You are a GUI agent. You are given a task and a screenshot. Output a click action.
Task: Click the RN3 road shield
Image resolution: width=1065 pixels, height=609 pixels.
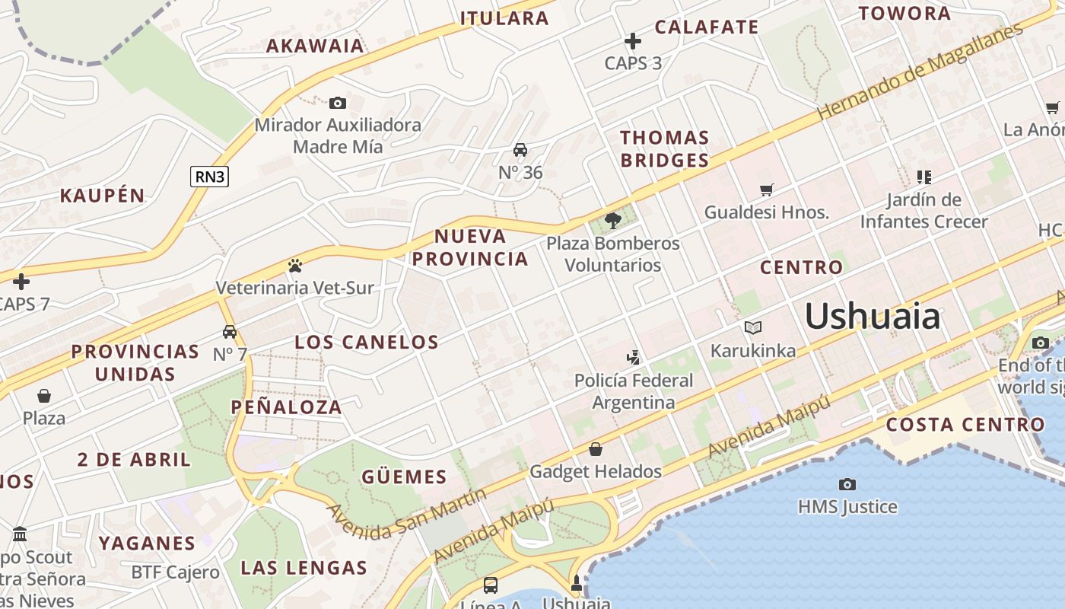click(x=209, y=177)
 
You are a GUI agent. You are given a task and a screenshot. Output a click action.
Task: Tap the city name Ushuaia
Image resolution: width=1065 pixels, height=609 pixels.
click(x=873, y=315)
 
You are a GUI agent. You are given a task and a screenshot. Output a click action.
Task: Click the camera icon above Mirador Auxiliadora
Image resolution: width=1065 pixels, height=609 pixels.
click(x=338, y=103)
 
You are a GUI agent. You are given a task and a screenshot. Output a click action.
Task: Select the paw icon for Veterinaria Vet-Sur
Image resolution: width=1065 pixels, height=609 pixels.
click(x=295, y=266)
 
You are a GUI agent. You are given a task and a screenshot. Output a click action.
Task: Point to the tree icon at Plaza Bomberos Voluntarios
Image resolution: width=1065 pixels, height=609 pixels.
click(x=612, y=221)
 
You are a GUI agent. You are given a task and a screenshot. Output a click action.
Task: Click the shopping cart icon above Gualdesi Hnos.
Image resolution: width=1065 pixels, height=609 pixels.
click(x=766, y=190)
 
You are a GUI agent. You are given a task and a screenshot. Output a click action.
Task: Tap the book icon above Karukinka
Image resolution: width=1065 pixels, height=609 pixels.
click(x=752, y=328)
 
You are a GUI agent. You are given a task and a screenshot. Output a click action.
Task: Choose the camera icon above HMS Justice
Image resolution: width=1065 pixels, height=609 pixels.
click(x=847, y=484)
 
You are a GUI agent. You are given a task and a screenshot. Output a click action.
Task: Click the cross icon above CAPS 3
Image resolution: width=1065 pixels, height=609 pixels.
click(x=633, y=41)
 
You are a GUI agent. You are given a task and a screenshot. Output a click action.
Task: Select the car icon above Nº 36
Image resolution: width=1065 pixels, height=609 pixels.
click(x=520, y=150)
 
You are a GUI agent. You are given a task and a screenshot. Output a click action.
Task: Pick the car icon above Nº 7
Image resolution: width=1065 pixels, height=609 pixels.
click(x=230, y=332)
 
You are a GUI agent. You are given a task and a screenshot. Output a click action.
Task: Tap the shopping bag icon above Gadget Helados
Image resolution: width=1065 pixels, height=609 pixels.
click(x=596, y=449)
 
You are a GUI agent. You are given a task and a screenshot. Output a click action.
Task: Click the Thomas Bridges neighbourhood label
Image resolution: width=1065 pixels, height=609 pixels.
click(x=665, y=148)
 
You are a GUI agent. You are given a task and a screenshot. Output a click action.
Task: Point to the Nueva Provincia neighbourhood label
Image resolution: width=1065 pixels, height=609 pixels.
click(x=470, y=247)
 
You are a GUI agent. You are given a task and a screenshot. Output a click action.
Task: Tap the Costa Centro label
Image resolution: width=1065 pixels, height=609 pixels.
click(x=965, y=425)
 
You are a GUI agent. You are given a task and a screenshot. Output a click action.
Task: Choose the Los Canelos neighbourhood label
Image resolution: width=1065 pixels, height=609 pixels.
click(x=367, y=342)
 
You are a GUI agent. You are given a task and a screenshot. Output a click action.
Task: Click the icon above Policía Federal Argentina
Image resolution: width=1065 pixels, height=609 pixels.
click(x=633, y=357)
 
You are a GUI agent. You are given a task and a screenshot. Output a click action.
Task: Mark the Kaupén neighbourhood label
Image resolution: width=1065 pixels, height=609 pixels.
click(x=102, y=195)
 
